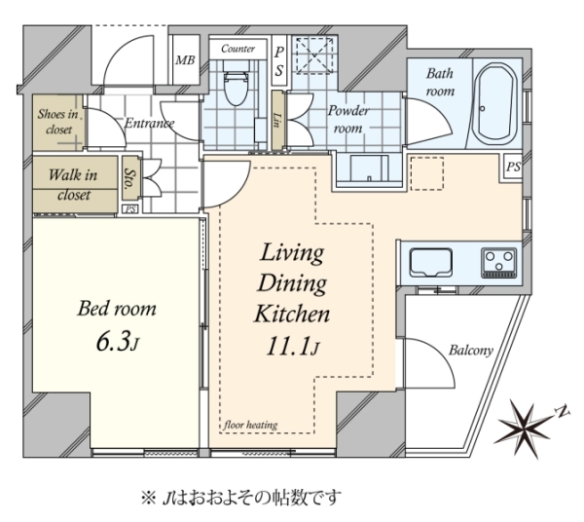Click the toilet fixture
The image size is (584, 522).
coord(236,85)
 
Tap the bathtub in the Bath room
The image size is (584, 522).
coord(496,104)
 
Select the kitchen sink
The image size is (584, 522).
coord(431,262)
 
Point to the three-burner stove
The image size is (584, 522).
coord(499,263)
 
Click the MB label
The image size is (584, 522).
coord(185,60)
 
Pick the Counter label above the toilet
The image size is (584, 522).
coord(238,49)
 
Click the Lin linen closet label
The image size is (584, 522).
coord(276,120)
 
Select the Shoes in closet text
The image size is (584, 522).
coord(58,122)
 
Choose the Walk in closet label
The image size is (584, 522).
coord(73,184)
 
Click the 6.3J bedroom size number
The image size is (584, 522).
coord(117,342)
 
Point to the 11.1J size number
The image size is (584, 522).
coord(292,348)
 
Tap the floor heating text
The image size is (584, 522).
coord(251,425)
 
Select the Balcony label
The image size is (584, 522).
coord(471,351)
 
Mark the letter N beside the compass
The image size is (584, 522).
coord(563,410)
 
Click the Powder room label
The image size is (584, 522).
coord(348,119)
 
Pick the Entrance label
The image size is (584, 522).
coord(149,123)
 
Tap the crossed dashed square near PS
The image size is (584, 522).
coord(313,56)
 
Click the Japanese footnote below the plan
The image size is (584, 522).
coord(241,497)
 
